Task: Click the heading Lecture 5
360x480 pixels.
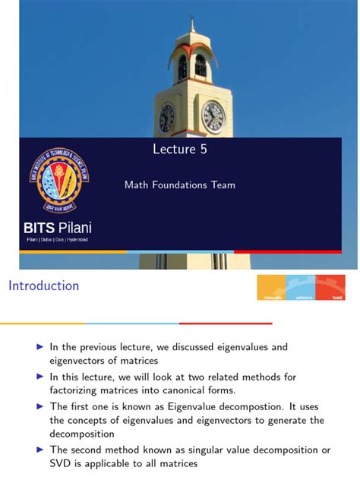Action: point(179,150)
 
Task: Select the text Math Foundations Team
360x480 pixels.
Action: point(180,185)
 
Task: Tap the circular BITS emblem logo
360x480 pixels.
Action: point(58,180)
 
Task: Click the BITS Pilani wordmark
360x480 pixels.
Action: point(58,228)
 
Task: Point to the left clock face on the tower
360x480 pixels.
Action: point(167,118)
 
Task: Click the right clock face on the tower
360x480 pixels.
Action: point(213,116)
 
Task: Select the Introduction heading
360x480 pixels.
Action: point(43,286)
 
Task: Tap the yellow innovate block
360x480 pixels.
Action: point(272,288)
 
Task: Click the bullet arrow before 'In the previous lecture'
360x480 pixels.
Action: point(40,346)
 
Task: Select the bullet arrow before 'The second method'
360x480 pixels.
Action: point(40,450)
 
